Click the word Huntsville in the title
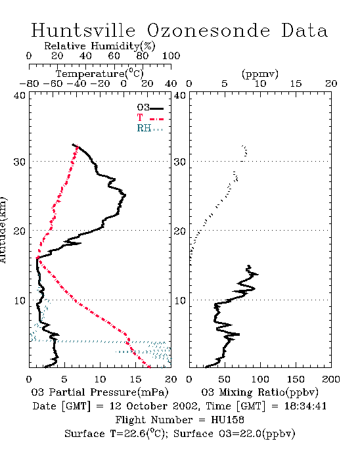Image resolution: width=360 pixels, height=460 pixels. pos(83,30)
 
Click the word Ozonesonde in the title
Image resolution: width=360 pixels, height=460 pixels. pos(208,30)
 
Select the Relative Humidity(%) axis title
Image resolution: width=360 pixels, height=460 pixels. pos(100,46)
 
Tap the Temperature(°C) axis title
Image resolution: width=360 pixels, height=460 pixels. pos(100,74)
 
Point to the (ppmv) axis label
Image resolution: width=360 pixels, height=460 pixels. pos(260,74)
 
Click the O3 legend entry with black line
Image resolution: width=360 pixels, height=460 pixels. pos(150,108)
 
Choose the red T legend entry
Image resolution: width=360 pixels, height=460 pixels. pos(150,118)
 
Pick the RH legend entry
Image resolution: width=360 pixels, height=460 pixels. pos(150,128)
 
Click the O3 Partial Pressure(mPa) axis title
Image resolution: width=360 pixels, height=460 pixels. pos(100,392)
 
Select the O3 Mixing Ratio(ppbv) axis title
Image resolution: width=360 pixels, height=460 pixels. pos(259,392)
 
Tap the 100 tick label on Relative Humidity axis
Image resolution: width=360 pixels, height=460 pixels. pos(171,56)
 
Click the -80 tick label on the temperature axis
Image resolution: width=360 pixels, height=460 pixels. pos(29,83)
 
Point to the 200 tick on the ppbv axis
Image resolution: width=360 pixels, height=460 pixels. pos(331,379)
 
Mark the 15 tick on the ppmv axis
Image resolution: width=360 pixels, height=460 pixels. pos(296,83)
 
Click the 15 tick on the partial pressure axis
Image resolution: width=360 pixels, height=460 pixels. pos(135,379)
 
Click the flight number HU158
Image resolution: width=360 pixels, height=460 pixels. pos(227,420)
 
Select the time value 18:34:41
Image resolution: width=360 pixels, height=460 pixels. pos(305,406)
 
